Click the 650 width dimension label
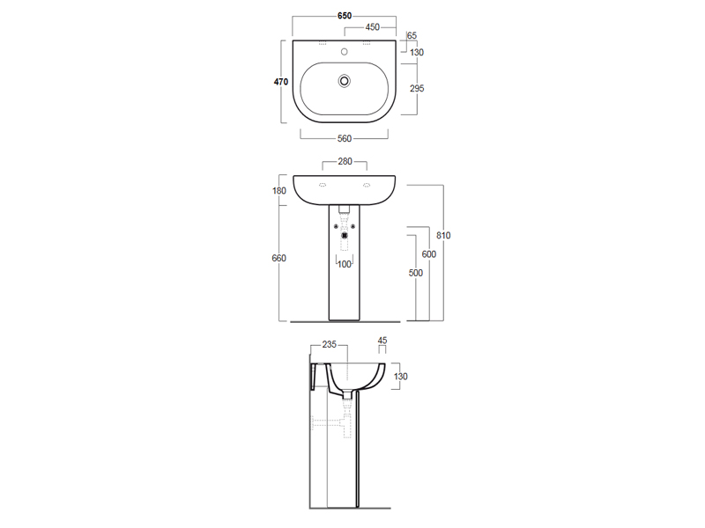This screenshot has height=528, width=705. point(345,16)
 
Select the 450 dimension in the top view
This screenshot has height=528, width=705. point(372,27)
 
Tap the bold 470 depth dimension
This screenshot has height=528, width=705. point(281,82)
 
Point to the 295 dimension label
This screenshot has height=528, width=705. point(417,89)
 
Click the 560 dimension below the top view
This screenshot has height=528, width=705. point(345,138)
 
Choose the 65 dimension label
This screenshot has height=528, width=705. point(412,35)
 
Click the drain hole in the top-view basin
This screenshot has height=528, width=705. point(345,81)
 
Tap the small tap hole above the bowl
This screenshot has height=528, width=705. point(345,52)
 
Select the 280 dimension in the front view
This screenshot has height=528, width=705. point(345,161)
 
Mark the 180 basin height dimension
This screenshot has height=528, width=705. point(279,190)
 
